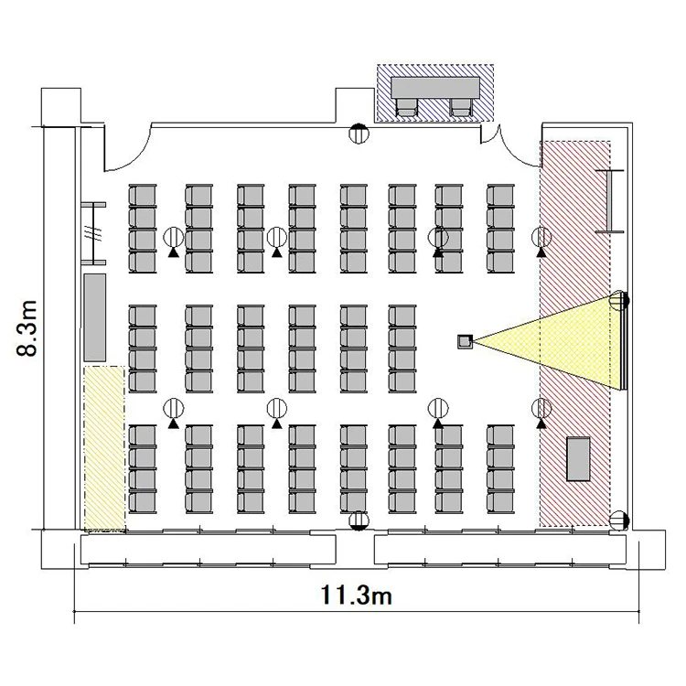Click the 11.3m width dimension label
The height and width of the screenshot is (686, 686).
tap(356, 595)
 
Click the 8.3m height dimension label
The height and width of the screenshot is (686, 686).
tap(27, 328)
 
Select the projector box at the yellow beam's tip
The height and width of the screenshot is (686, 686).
tap(465, 341)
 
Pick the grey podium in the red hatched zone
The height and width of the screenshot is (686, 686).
tap(578, 459)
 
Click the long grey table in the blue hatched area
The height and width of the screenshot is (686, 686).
tap(435, 88)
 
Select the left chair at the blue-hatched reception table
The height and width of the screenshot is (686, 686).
tap(407, 107)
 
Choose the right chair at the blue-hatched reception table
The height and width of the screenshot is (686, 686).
tap(461, 107)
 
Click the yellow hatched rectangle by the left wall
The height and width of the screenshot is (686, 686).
tap(104, 448)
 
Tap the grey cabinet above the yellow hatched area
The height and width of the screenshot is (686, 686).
tap(94, 317)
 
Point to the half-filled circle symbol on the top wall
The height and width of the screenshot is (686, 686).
tap(359, 133)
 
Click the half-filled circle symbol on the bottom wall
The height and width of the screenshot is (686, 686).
tap(359, 520)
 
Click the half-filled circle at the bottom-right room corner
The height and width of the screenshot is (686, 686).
tap(619, 520)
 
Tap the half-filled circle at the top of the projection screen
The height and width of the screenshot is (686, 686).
tap(619, 301)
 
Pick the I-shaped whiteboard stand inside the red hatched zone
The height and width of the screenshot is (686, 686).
tap(609, 201)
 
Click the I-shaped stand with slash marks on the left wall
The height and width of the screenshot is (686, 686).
tap(93, 233)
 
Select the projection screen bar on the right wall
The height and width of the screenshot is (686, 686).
tap(626, 342)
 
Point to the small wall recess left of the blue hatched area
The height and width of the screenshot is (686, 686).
tap(355, 106)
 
